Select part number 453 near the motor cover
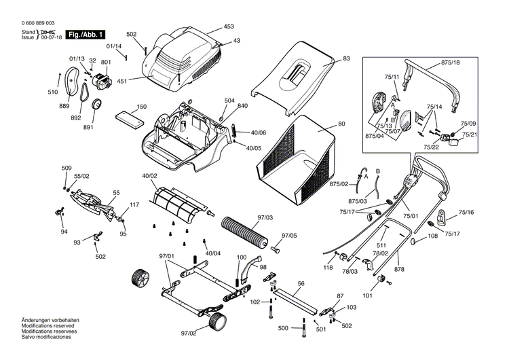tap(229, 27)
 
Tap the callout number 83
tap(346, 59)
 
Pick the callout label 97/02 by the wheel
tap(188, 333)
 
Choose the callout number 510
tap(52, 92)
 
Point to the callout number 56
tap(301, 283)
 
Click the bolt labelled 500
tap(303, 330)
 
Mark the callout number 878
tap(399, 270)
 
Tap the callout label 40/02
tap(149, 177)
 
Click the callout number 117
tap(134, 204)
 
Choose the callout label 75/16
tap(466, 213)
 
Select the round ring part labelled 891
tap(96, 105)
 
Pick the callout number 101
tap(367, 296)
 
